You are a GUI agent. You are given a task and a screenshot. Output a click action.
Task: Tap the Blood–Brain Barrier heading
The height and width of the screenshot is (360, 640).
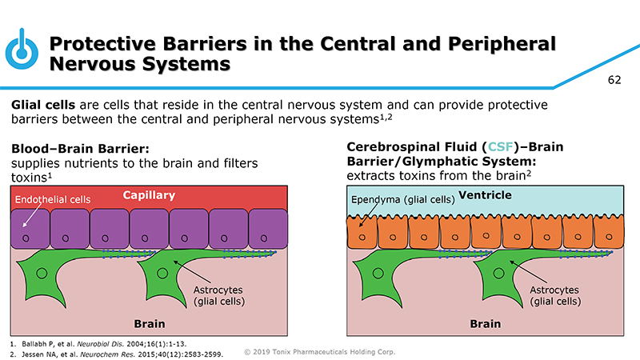[x=81, y=149]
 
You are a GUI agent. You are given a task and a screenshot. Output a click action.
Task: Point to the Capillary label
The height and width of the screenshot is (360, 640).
[x=149, y=195]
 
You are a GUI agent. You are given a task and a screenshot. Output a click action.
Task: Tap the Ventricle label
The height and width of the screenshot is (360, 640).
[x=485, y=195]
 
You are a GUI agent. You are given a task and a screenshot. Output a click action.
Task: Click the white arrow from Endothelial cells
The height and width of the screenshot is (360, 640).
[x=27, y=217]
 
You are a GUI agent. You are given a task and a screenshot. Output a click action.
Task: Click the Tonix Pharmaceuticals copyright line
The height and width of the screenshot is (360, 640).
[x=319, y=351]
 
